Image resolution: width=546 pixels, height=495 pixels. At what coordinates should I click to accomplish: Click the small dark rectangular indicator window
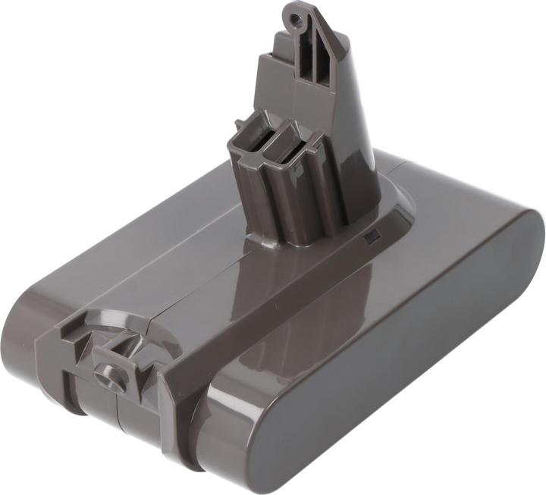(371, 237)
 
